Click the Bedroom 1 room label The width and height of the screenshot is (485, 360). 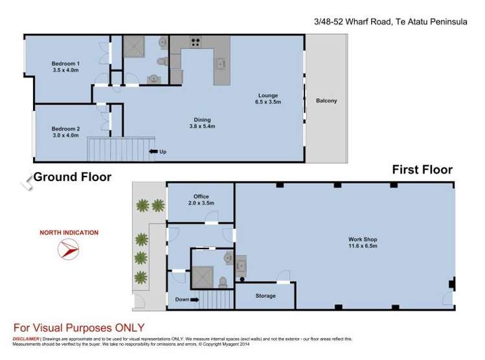[x=65, y=67]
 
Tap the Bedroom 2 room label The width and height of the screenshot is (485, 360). [x=65, y=132]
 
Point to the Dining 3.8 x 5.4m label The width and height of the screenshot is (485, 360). [x=203, y=123]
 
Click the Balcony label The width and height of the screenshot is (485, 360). [x=326, y=101]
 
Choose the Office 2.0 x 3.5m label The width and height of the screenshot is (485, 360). [x=200, y=200]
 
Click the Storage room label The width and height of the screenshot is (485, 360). [x=265, y=296]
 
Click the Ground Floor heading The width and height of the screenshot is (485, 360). [x=72, y=176]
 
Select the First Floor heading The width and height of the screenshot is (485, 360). [x=422, y=170]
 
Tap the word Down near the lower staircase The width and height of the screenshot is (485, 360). [x=183, y=299]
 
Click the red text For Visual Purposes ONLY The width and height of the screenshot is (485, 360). [x=79, y=328]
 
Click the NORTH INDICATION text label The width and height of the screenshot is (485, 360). [x=69, y=232]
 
